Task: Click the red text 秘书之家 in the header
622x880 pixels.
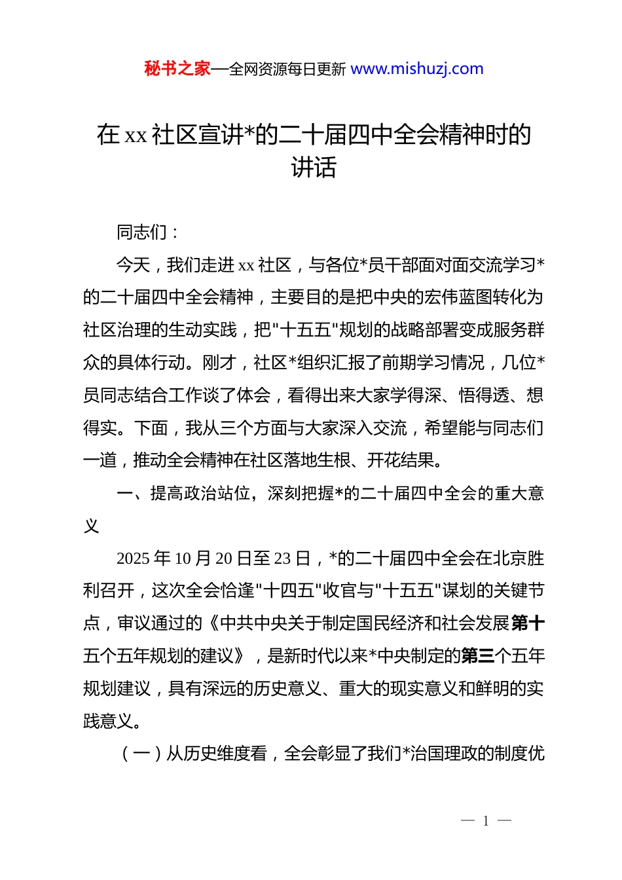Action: pos(177,69)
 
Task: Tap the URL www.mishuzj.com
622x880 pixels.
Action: pos(417,69)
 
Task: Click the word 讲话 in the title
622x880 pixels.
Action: pos(314,168)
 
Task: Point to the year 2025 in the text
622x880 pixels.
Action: pos(133,559)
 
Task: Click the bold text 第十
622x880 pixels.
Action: pos(527,623)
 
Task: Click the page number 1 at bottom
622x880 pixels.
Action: pos(486,821)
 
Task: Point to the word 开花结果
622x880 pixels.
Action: pos(400,460)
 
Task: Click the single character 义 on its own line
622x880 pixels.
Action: pos(91,526)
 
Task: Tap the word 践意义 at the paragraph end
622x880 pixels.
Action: pos(108,721)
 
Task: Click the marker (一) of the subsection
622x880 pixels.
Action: pos(142,754)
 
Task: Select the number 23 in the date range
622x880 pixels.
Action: pos(282,559)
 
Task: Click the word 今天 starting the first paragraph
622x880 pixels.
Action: pos(133,265)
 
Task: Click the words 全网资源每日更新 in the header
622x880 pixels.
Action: pos(287,69)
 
